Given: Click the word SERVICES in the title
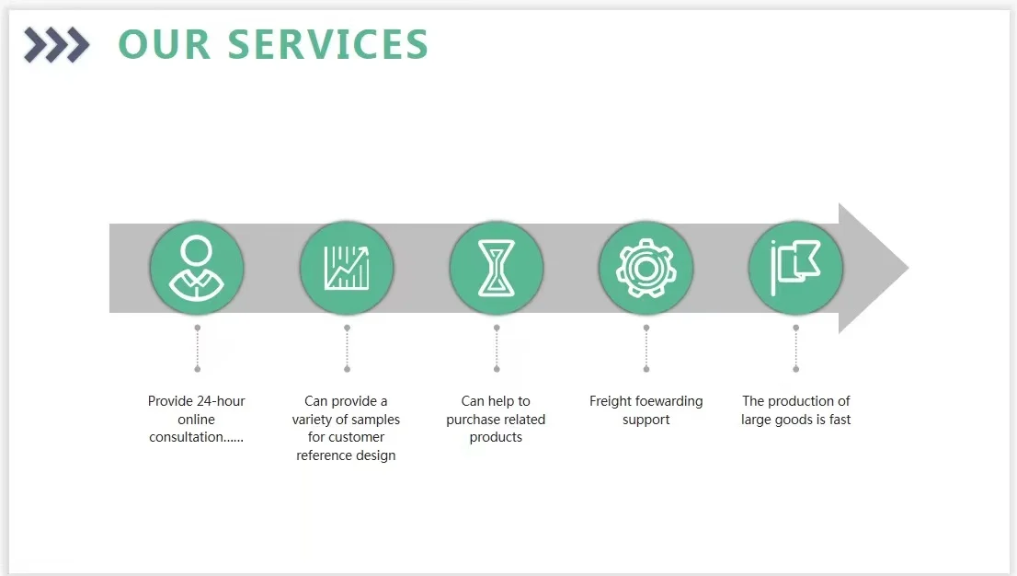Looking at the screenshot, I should (328, 45).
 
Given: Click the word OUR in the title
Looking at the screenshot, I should (165, 45).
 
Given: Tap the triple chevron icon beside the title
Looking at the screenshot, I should (56, 44).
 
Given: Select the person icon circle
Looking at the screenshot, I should (197, 269).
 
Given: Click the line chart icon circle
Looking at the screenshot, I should (347, 269).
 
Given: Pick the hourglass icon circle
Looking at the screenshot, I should (497, 269).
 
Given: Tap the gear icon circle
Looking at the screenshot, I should (646, 269).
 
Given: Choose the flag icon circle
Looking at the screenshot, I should (795, 269).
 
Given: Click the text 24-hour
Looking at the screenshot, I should (220, 401).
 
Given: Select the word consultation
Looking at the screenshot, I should (188, 437).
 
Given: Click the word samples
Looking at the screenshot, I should (376, 420).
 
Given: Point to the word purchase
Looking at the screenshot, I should (473, 420).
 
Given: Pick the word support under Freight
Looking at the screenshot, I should (646, 420).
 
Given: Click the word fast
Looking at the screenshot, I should (840, 420).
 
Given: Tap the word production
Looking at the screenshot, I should (800, 401).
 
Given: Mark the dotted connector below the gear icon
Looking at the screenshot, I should (646, 348).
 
